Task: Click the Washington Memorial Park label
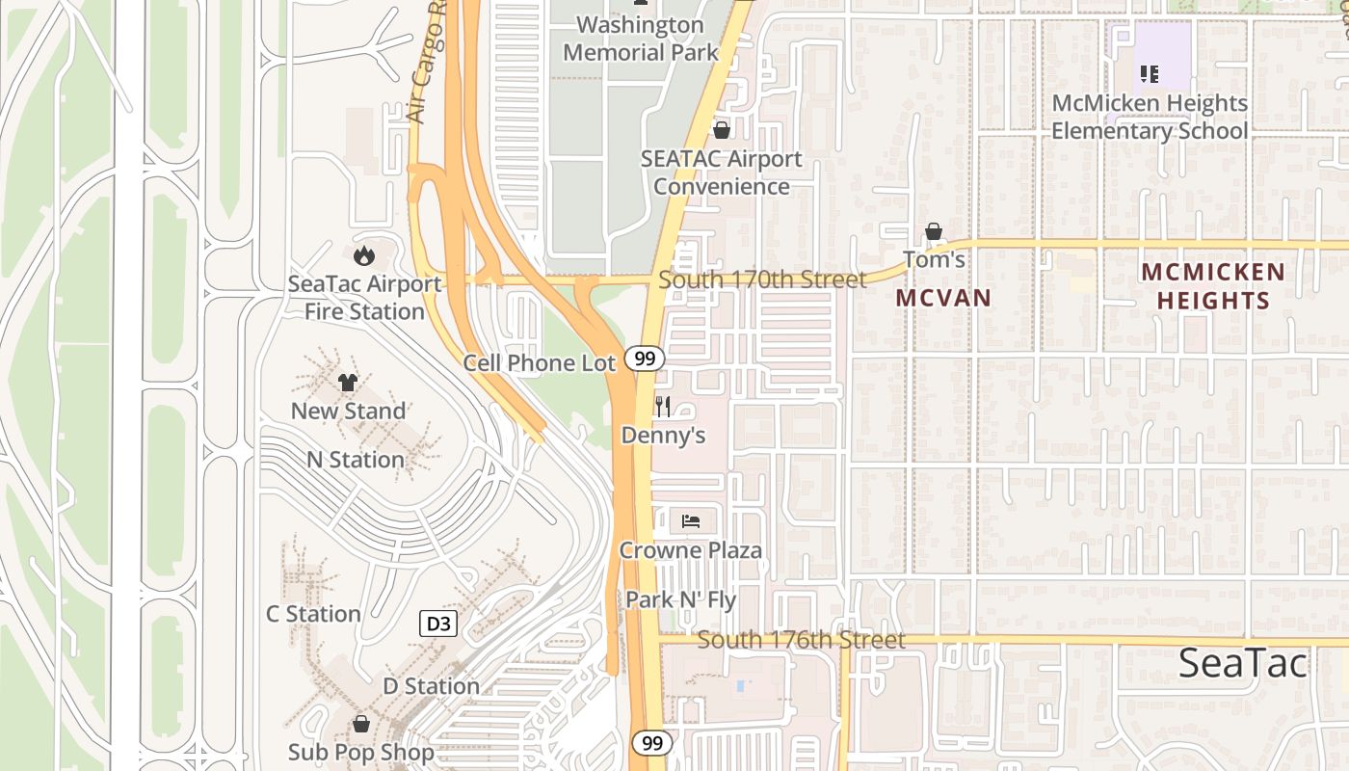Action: tap(641, 38)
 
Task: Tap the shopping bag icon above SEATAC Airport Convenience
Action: tap(722, 129)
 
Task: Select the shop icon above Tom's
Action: tap(933, 231)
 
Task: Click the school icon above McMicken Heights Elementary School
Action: tap(1149, 73)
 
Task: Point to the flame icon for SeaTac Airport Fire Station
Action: tap(364, 255)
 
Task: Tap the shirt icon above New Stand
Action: tap(348, 383)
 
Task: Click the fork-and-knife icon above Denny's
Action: tap(662, 406)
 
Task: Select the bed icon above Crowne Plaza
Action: tap(690, 521)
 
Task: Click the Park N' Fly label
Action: tap(680, 599)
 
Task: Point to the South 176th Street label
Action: tap(801, 640)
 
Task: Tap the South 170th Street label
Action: tap(762, 279)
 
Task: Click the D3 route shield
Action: tap(438, 624)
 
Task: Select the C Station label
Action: tap(313, 614)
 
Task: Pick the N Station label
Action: tap(356, 460)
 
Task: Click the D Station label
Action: tap(431, 686)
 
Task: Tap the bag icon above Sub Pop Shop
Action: tap(361, 723)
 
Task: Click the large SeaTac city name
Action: tap(1243, 663)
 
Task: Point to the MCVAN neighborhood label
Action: tap(943, 298)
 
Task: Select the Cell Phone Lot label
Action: tap(539, 363)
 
